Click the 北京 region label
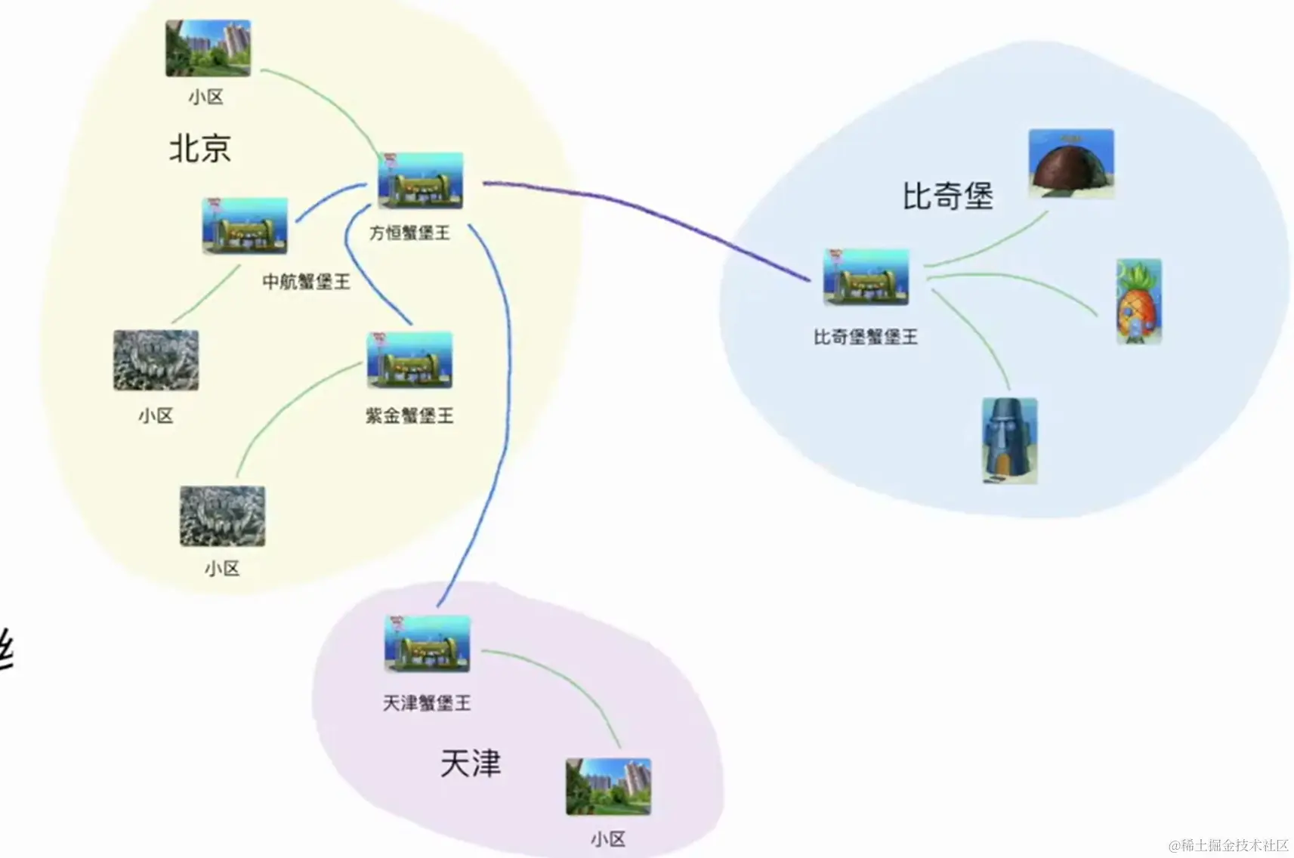pyautogui.click(x=199, y=148)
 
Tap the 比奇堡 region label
pyautogui.click(x=947, y=196)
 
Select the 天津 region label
pyautogui.click(x=470, y=764)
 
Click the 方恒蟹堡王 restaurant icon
pyautogui.click(x=421, y=181)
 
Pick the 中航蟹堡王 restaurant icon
pyautogui.click(x=245, y=226)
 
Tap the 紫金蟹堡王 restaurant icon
pyautogui.click(x=409, y=360)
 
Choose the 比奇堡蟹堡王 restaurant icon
pyautogui.click(x=866, y=277)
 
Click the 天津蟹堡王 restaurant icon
pyautogui.click(x=428, y=644)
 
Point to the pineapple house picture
pyautogui.click(x=1139, y=302)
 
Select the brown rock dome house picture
pyautogui.click(x=1071, y=164)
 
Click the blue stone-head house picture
pyautogui.click(x=1010, y=441)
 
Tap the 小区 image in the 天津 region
pyautogui.click(x=608, y=787)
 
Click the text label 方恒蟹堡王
pyautogui.click(x=409, y=233)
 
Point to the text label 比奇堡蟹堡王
pyautogui.click(x=866, y=337)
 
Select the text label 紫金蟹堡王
pyautogui.click(x=409, y=415)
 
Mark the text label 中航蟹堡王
pyautogui.click(x=306, y=282)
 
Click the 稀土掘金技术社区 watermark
pyautogui.click(x=1228, y=845)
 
